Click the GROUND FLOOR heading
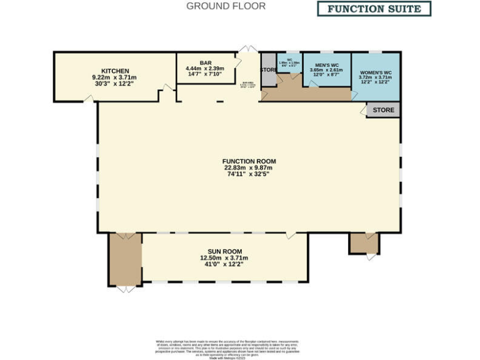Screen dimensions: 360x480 point(226,6)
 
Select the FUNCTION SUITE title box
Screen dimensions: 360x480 point(374,9)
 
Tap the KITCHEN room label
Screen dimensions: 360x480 point(115,71)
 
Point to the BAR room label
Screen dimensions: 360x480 point(206,62)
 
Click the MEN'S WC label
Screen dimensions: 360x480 point(327,65)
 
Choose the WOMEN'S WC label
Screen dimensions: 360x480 point(375,73)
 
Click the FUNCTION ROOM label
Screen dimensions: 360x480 point(249,161)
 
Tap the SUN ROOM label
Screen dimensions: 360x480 point(224,251)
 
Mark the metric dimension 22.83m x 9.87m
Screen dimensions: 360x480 point(249,167)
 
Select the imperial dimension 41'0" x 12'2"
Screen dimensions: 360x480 point(224,264)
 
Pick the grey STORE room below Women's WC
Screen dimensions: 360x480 point(383,110)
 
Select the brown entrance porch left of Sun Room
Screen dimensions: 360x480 point(125,259)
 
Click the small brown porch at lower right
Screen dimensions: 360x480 point(364,243)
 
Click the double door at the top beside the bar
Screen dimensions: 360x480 point(248,49)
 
